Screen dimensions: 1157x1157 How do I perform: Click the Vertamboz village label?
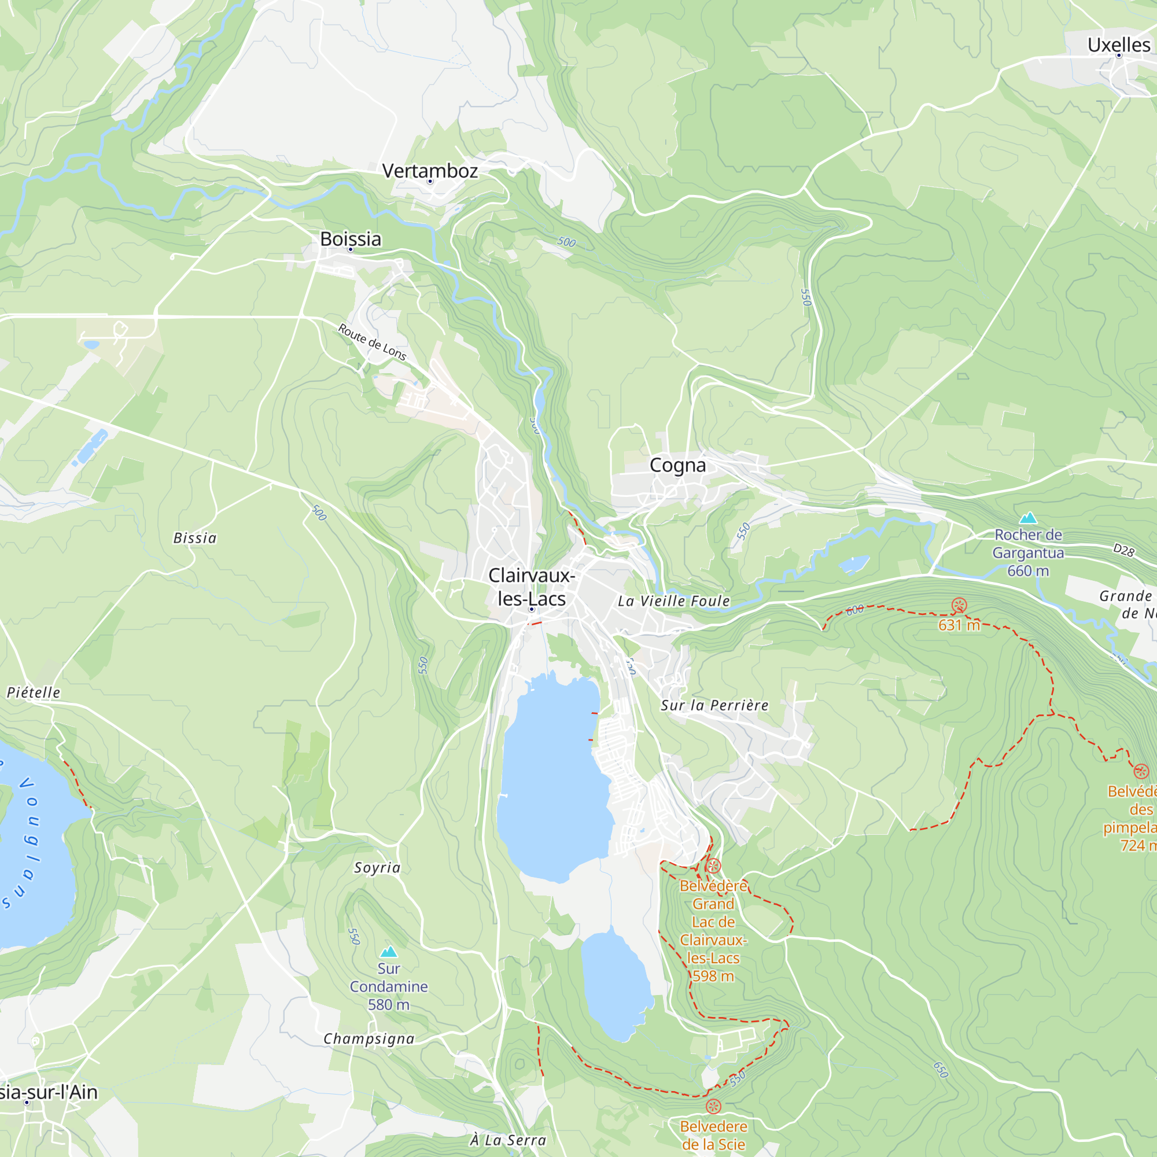click(430, 171)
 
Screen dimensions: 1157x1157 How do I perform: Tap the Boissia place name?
click(351, 239)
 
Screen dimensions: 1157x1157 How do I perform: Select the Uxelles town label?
click(1119, 45)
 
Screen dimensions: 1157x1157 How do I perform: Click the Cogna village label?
click(677, 465)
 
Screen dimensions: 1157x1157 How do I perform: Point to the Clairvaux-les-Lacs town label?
click(532, 587)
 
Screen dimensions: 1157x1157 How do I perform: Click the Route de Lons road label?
click(372, 342)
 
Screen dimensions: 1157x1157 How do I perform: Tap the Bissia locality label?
click(194, 539)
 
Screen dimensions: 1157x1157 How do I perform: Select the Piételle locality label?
click(34, 692)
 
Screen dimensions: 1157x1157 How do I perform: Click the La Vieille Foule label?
click(674, 601)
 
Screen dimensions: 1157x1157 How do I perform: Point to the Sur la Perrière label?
click(714, 705)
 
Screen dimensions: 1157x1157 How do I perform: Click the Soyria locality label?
click(377, 868)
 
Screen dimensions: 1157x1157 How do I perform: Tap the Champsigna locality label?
click(369, 1039)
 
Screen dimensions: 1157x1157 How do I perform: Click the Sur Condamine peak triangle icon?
click(389, 952)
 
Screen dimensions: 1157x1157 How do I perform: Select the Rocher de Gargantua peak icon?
click(1028, 517)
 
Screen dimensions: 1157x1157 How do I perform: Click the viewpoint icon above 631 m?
click(959, 606)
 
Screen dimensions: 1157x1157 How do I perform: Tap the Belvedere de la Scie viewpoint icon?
click(713, 1106)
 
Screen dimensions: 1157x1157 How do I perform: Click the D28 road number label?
click(1123, 550)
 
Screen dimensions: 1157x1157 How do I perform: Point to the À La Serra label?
click(508, 1140)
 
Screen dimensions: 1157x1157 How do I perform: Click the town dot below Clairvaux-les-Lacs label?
click(531, 609)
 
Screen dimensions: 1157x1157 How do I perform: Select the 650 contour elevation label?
click(941, 1070)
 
